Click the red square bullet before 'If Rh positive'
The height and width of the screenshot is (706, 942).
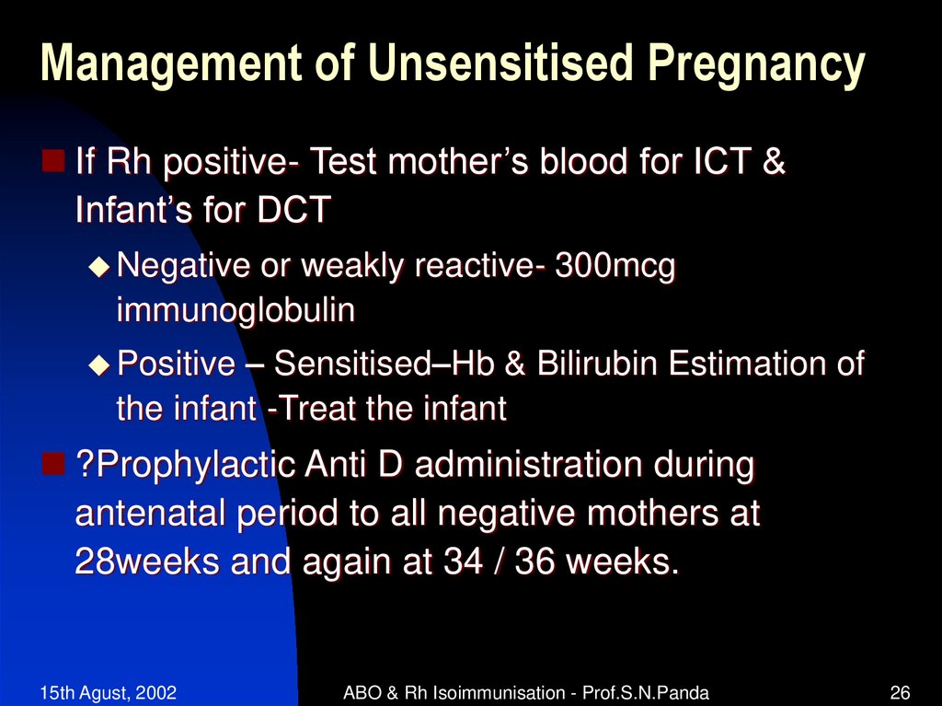click(54, 163)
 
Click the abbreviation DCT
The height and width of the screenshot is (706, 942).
click(293, 211)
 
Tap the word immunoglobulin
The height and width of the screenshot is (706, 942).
click(235, 311)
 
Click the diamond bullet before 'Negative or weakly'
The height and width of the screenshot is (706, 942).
click(98, 267)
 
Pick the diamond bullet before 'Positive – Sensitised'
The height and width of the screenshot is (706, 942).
click(98, 365)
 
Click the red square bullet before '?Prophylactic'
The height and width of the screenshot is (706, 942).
click(54, 464)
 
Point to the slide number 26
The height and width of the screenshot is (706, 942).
click(900, 691)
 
